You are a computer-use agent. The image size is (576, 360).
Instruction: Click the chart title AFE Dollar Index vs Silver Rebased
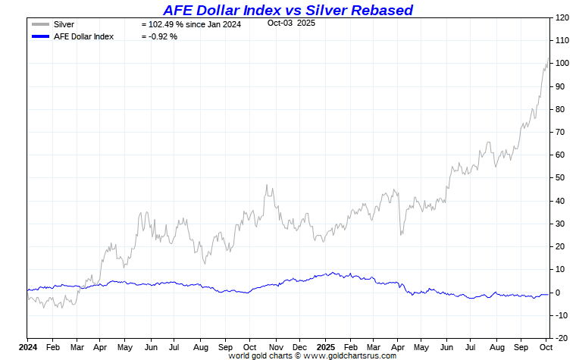[288, 10]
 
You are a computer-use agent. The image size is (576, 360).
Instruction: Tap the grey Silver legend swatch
[41, 24]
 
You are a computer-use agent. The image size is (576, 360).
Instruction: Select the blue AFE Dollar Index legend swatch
[41, 36]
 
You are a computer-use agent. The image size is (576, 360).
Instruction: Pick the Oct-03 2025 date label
[291, 23]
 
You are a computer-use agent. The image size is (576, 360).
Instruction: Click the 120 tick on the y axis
[562, 17]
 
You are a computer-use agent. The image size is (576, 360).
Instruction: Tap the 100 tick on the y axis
[562, 63]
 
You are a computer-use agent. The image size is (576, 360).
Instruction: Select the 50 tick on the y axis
[559, 178]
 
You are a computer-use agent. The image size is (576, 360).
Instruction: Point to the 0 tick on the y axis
[557, 293]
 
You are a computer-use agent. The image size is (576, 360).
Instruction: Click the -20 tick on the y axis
[561, 338]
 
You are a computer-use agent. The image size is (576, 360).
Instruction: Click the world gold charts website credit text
[312, 355]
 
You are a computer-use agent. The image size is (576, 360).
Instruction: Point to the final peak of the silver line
[549, 58]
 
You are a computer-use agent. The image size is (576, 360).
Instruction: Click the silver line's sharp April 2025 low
[401, 234]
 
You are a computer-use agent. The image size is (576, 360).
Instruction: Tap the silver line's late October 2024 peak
[267, 185]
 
